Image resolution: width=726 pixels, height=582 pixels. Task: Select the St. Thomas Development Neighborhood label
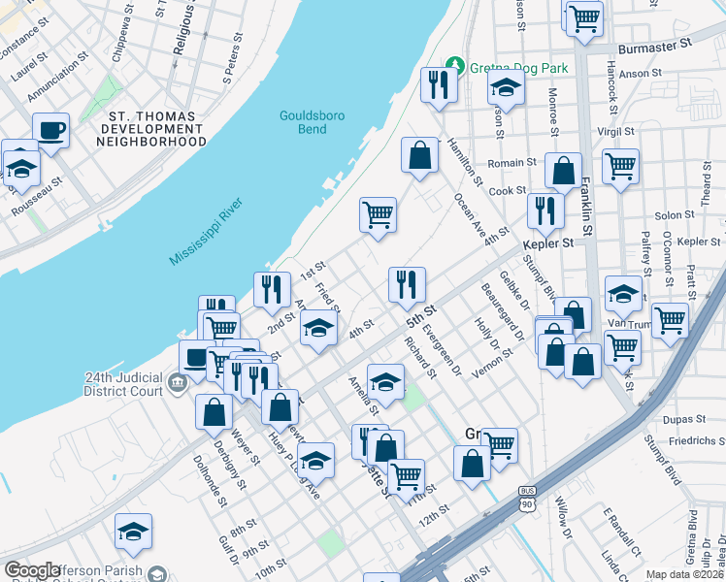point(151,128)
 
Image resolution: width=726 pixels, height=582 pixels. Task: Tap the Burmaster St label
point(656,44)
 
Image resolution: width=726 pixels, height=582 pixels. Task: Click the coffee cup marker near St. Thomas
point(50,129)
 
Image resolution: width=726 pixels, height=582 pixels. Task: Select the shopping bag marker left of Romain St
point(419,155)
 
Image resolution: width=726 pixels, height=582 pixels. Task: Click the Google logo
point(31,570)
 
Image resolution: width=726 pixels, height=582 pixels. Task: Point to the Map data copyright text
point(684,574)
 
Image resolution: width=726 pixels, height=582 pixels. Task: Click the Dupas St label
point(685,419)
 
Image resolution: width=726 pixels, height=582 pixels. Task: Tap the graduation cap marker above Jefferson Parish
point(133,531)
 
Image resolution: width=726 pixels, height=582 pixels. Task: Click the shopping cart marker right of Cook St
point(620,164)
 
